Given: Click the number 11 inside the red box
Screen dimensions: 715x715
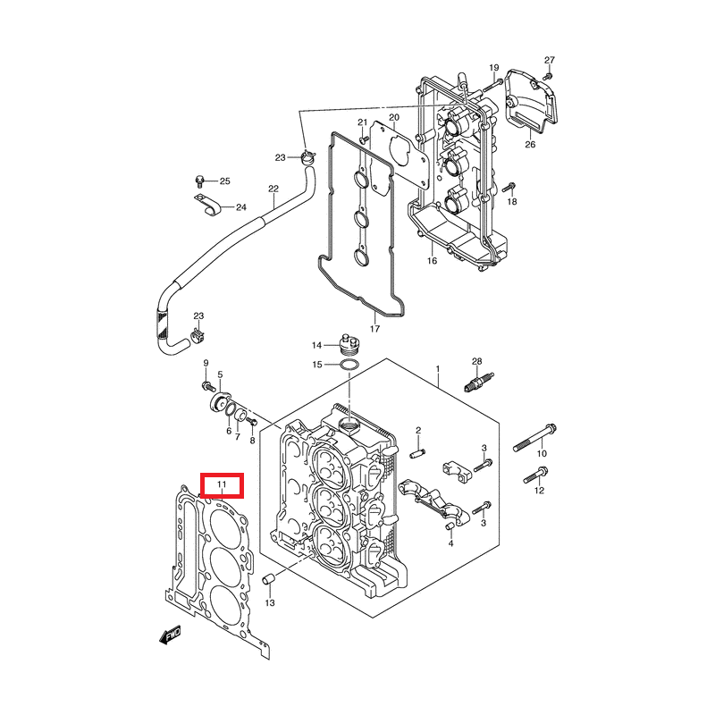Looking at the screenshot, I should (221, 485).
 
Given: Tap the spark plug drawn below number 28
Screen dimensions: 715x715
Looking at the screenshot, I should (477, 383).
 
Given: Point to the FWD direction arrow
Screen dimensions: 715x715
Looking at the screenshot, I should (170, 635).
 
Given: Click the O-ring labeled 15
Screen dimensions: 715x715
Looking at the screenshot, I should (350, 365).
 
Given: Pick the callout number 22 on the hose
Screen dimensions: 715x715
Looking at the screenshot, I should (273, 189).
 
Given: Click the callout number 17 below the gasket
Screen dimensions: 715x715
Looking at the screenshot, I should (375, 329).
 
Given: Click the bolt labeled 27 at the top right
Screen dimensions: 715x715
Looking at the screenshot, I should (549, 75).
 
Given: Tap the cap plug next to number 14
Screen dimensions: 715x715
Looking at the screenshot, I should (349, 343).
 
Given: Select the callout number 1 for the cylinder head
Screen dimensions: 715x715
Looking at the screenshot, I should (438, 368).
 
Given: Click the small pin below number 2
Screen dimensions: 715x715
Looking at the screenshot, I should (416, 452).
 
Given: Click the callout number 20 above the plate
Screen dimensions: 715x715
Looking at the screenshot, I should (392, 117).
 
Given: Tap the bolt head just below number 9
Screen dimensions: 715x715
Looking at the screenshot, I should (207, 386).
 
